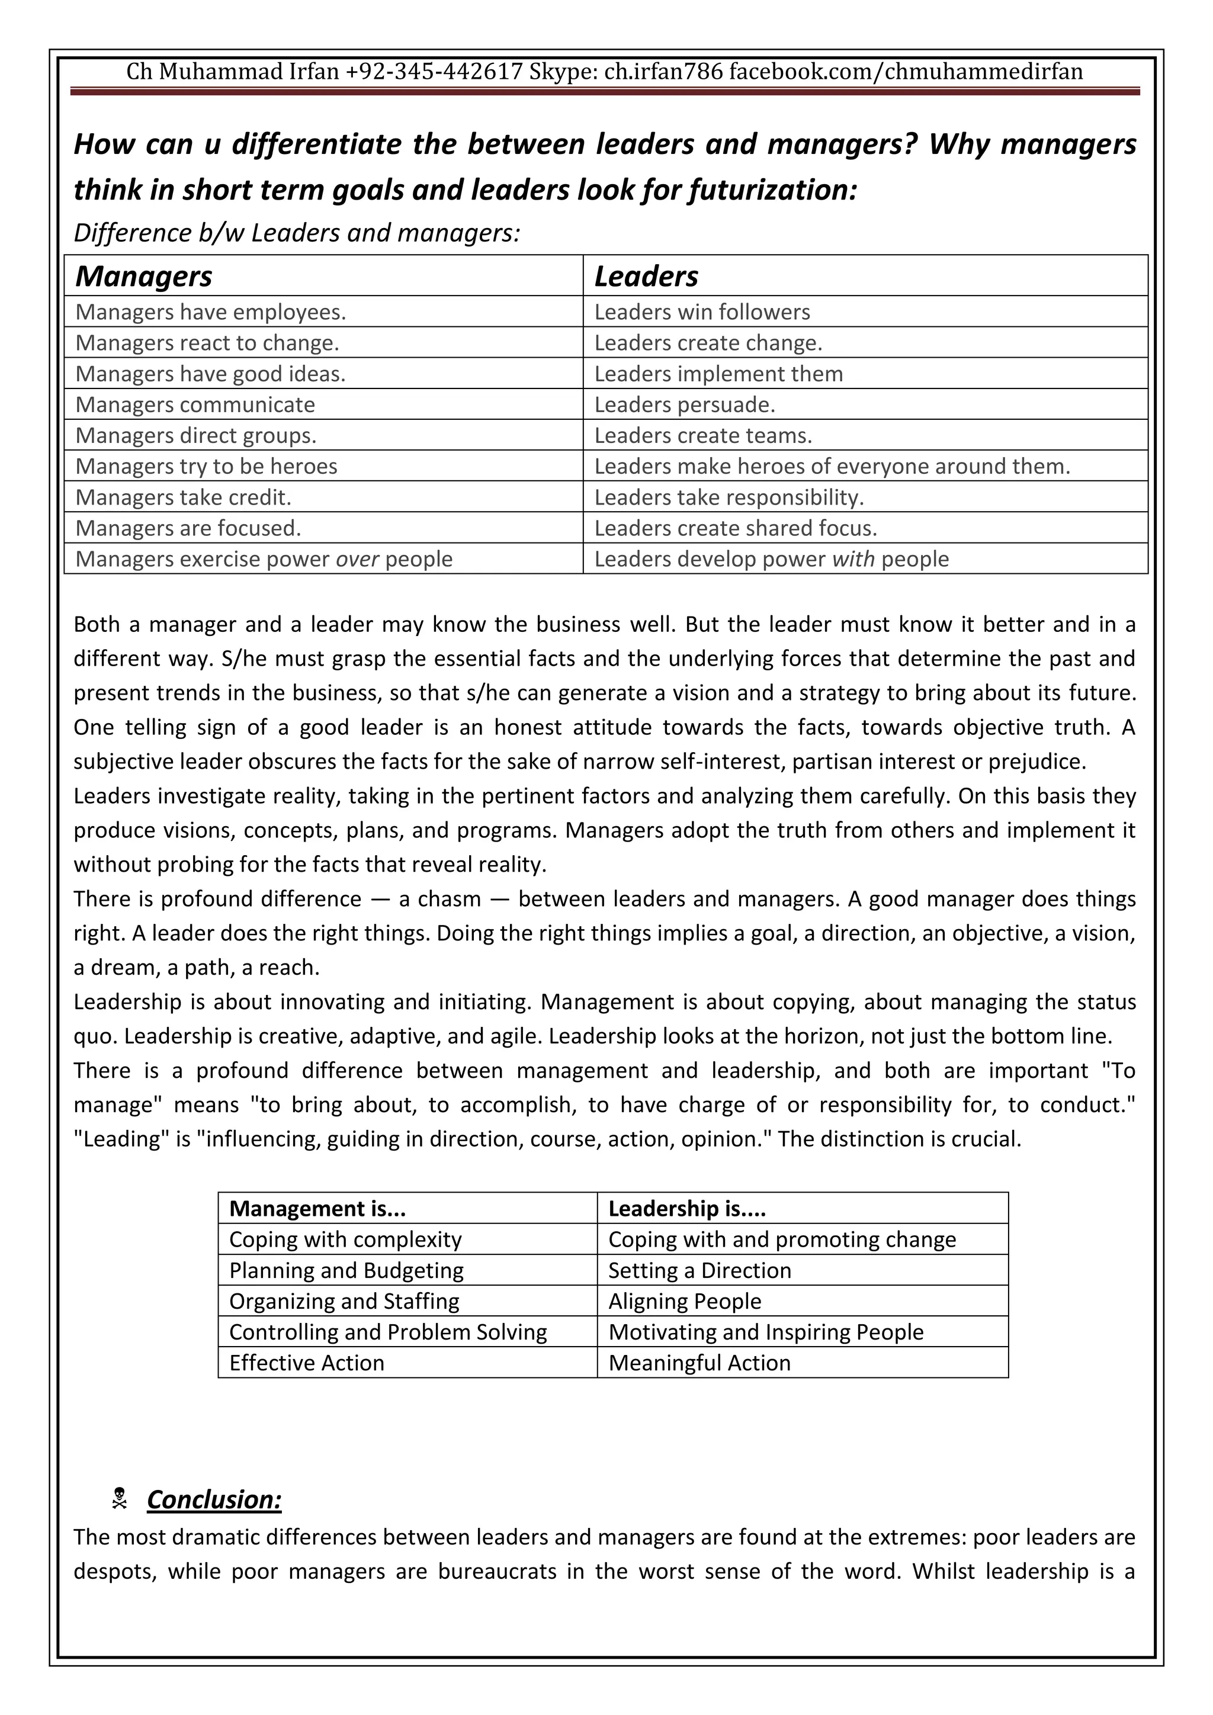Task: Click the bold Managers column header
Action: pyautogui.click(x=143, y=277)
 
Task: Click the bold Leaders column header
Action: pyautogui.click(x=646, y=277)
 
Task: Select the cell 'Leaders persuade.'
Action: pyautogui.click(x=684, y=405)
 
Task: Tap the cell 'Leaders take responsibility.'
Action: pyautogui.click(x=729, y=497)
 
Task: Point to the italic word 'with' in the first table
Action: pyautogui.click(x=853, y=560)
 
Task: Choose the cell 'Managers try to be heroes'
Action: pyautogui.click(x=206, y=467)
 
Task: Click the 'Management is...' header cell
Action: pyautogui.click(x=317, y=1209)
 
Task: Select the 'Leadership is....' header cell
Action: pyautogui.click(x=686, y=1209)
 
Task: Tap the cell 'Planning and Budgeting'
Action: pyautogui.click(x=346, y=1271)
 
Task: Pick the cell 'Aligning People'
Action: pyautogui.click(x=684, y=1301)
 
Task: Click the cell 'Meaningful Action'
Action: pyautogui.click(x=698, y=1363)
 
